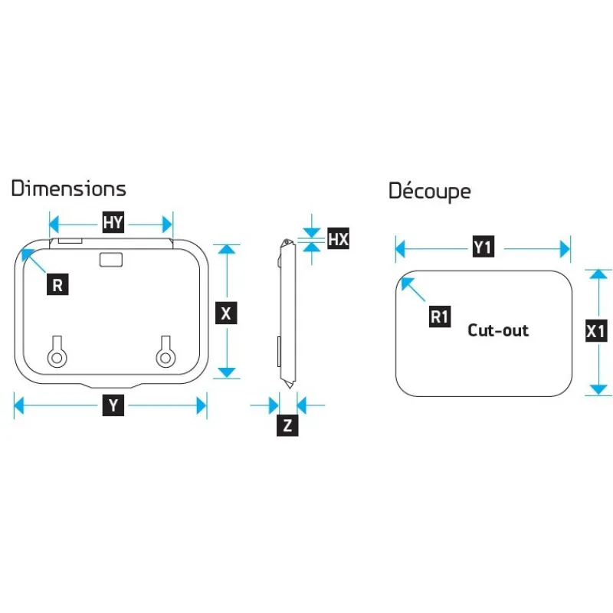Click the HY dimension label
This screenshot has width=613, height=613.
coord(113,222)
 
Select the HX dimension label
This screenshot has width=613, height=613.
coord(338,238)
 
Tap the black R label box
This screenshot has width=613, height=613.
coord(57,284)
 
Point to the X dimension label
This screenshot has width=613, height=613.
coord(226,313)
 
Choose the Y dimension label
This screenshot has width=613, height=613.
coord(113,405)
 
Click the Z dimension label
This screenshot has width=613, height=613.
coord(287,425)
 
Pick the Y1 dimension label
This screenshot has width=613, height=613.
coord(484,247)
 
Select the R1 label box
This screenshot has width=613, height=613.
coord(440,316)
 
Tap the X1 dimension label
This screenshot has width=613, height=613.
coord(596,331)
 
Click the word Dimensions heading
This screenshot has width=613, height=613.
coord(69,188)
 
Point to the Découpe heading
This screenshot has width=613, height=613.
coord(430,191)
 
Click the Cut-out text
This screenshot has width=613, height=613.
coord(498,330)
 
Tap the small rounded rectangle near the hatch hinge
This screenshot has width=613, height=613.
coord(111,260)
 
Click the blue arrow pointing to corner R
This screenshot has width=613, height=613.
coord(34,261)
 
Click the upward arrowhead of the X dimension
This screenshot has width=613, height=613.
coord(226,249)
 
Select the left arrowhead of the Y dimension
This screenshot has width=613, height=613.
coord(18,405)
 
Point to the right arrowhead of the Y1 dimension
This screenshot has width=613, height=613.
coord(565,249)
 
